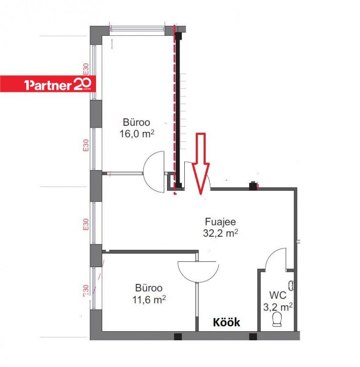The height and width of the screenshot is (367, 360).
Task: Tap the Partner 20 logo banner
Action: tap(48, 84)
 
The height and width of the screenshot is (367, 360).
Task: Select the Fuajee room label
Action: tap(221, 221)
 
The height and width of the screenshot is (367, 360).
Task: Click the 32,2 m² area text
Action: tap(221, 233)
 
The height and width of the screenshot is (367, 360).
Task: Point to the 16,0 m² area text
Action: tap(137, 134)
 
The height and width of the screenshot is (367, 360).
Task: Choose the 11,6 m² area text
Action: tap(149, 299)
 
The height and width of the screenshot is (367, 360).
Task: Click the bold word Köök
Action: tap(226, 322)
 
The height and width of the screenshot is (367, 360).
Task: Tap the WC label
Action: tap(278, 295)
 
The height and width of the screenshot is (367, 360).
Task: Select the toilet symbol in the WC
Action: tap(277, 319)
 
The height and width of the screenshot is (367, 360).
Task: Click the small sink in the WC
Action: tap(291, 286)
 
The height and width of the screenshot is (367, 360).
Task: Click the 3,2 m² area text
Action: tap(278, 307)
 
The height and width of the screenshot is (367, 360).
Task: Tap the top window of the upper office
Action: tap(138, 29)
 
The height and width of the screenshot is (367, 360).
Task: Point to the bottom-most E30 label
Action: tap(86, 291)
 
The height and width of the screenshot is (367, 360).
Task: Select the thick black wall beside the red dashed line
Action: tap(178, 110)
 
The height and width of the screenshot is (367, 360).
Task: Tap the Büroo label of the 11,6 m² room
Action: tap(149, 288)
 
